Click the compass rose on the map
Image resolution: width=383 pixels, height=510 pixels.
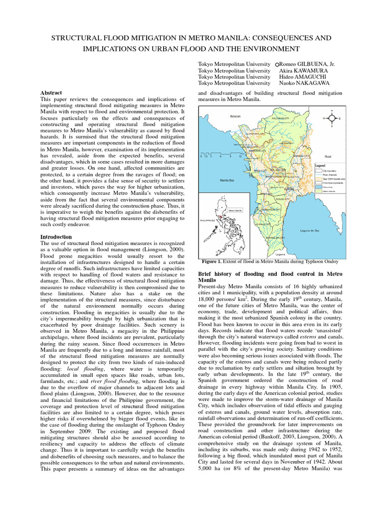pyautogui.click(x=332, y=119)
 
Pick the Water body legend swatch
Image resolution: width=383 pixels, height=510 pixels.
pyautogui.click(x=318, y=187)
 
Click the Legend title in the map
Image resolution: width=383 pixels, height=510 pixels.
pyautogui.click(x=320, y=165)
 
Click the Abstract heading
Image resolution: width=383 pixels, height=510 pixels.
pyautogui.click(x=51, y=93)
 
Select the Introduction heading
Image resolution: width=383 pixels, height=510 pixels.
pyautogui.click(x=56, y=237)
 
